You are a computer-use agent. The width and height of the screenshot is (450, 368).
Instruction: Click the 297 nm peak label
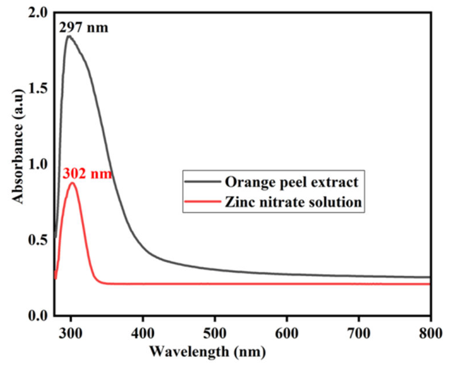click(84, 28)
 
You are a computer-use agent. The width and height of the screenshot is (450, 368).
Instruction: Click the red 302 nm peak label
click(87, 174)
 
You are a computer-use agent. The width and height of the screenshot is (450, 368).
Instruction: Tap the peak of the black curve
click(69, 36)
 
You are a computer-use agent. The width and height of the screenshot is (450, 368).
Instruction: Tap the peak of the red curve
click(72, 183)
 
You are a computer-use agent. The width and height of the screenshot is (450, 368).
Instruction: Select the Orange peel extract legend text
click(291, 182)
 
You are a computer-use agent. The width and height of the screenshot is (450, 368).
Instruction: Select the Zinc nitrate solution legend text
click(293, 202)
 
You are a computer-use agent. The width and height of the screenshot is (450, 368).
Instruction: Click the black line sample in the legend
click(203, 182)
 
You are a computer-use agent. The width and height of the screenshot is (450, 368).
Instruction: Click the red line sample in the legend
click(203, 201)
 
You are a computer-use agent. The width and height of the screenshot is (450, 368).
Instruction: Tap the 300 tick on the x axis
click(70, 333)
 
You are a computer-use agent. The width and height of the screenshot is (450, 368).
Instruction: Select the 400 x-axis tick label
click(142, 333)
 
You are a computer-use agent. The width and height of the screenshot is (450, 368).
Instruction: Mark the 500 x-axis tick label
click(215, 333)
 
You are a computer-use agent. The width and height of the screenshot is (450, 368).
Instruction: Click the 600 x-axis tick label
click(287, 333)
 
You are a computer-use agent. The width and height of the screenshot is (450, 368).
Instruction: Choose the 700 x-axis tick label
click(359, 333)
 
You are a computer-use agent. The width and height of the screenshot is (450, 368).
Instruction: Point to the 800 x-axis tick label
click(431, 333)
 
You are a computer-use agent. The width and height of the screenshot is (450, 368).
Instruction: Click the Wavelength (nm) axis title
click(207, 351)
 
